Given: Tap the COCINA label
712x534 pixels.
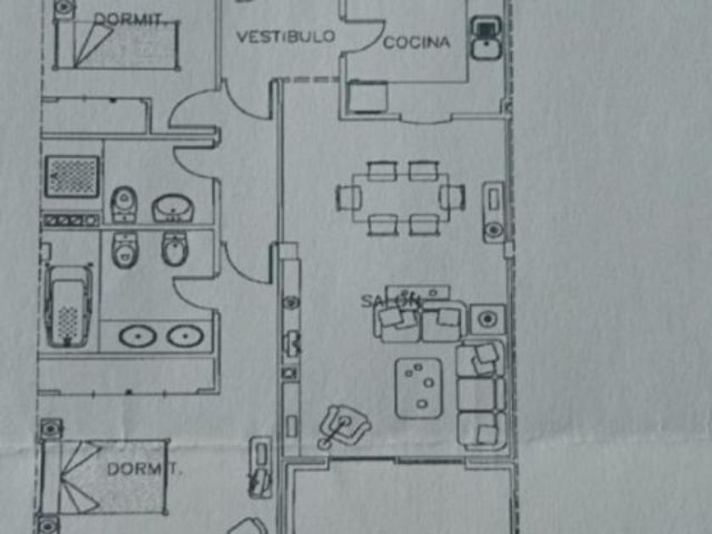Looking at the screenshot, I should [x=416, y=42].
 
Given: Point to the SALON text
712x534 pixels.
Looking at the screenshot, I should [x=391, y=300].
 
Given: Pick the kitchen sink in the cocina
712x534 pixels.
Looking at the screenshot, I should [x=486, y=40].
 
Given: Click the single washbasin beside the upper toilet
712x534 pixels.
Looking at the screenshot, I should [x=174, y=207].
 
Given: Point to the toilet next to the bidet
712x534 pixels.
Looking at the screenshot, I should [x=125, y=248].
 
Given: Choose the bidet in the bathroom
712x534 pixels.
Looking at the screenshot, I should [x=175, y=249].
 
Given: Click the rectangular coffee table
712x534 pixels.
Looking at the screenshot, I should [x=420, y=388].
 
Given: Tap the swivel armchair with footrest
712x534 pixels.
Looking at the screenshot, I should [x=345, y=424].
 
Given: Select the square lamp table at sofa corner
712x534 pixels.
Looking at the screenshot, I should [x=487, y=319].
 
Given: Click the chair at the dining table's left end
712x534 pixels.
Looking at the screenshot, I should [x=348, y=197].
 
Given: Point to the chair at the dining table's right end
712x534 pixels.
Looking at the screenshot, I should [x=453, y=197].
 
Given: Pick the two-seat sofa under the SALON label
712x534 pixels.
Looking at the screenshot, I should [x=420, y=320].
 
